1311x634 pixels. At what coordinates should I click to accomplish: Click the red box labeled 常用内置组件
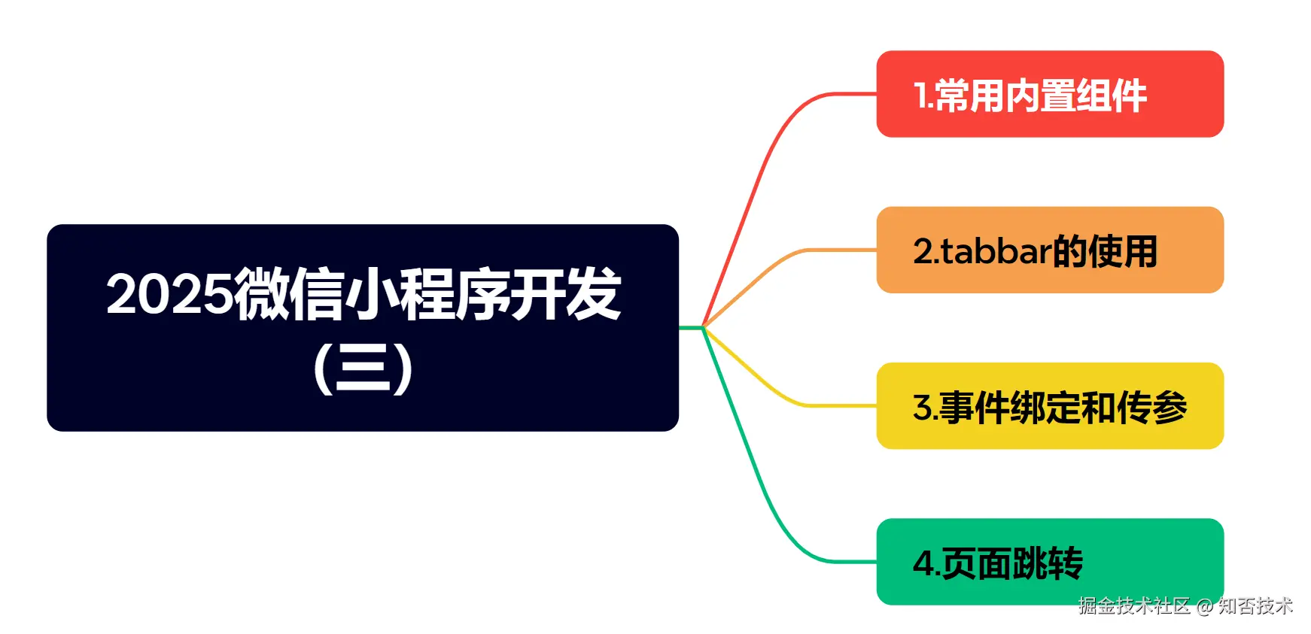pos(1049,94)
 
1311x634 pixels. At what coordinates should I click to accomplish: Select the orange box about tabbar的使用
pos(1049,250)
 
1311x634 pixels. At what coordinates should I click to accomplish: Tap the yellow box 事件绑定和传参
pos(1049,405)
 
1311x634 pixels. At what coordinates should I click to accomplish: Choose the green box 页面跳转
pos(1049,561)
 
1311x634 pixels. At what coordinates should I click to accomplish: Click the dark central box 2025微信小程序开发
pos(362,327)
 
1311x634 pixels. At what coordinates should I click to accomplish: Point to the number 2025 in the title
pos(169,294)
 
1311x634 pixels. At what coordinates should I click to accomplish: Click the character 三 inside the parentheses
pos(363,368)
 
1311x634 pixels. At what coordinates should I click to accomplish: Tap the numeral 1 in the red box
pos(920,96)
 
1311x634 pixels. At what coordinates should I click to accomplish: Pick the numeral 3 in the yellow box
pos(922,408)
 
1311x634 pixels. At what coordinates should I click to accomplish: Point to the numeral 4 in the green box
pos(923,563)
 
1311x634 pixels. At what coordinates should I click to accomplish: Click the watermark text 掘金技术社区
pos(1133,606)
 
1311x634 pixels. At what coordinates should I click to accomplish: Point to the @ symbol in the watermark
pos(1204,607)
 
